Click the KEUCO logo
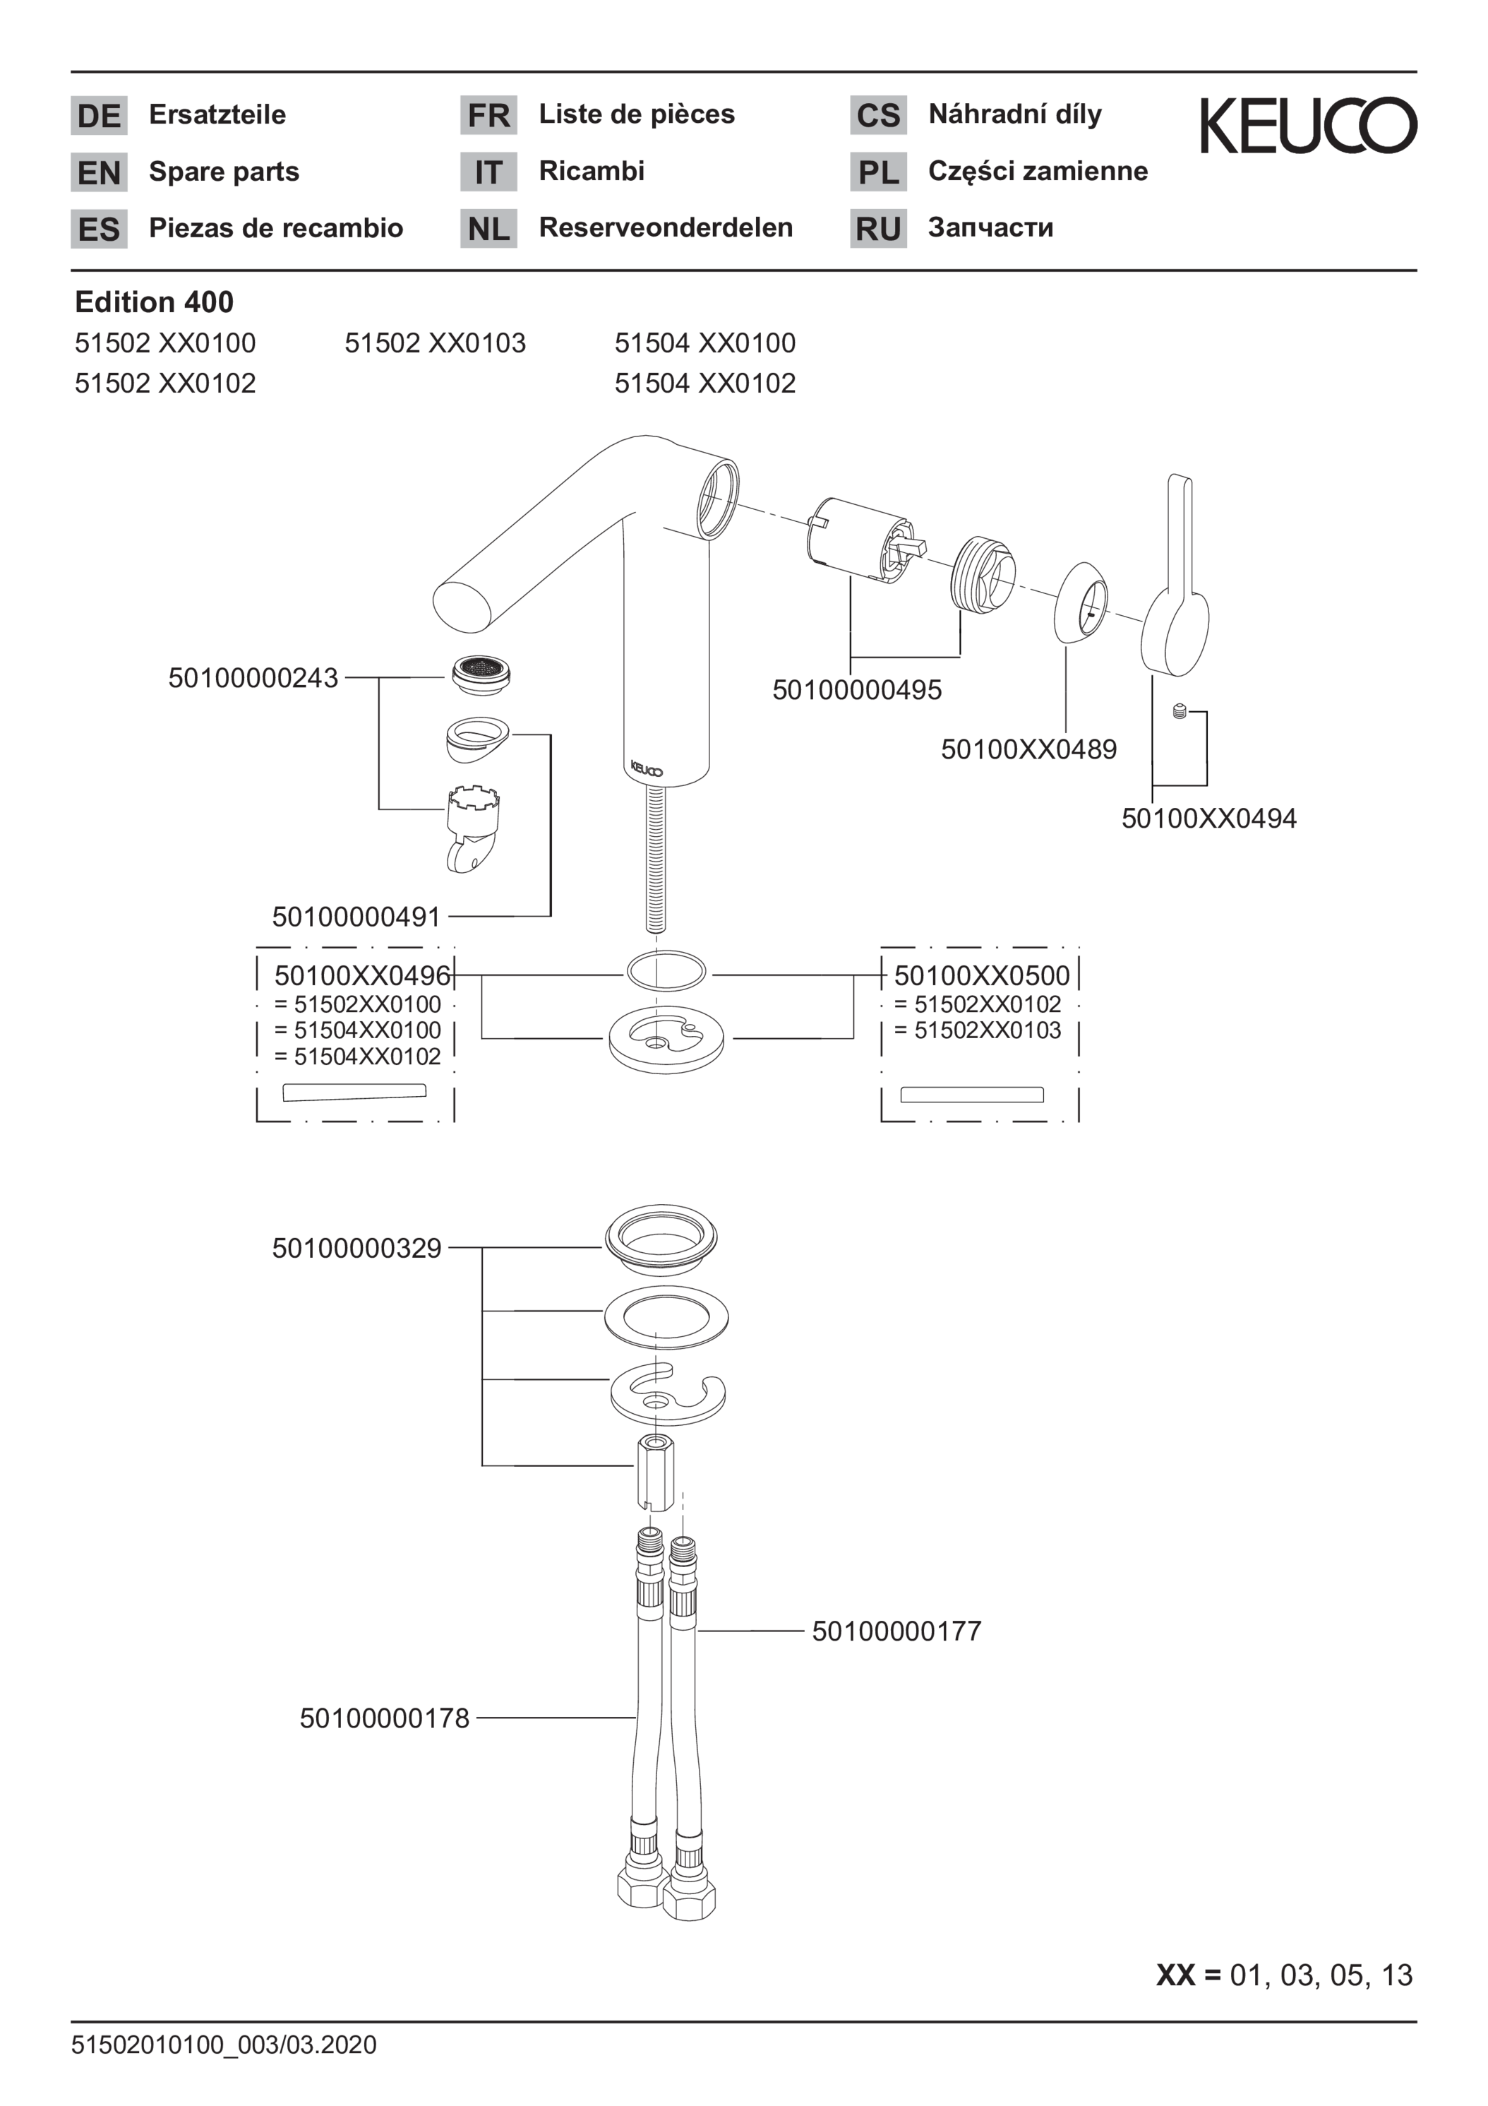click(1308, 126)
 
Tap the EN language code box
click(99, 172)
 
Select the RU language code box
click(877, 228)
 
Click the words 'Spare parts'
click(224, 172)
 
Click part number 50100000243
click(253, 678)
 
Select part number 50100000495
click(856, 690)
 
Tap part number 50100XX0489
click(1028, 749)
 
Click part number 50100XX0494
click(1208, 819)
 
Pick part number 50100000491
click(356, 916)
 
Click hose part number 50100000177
click(896, 1631)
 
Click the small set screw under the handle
click(1180, 711)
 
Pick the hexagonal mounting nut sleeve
click(656, 1473)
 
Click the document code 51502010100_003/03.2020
click(224, 2045)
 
